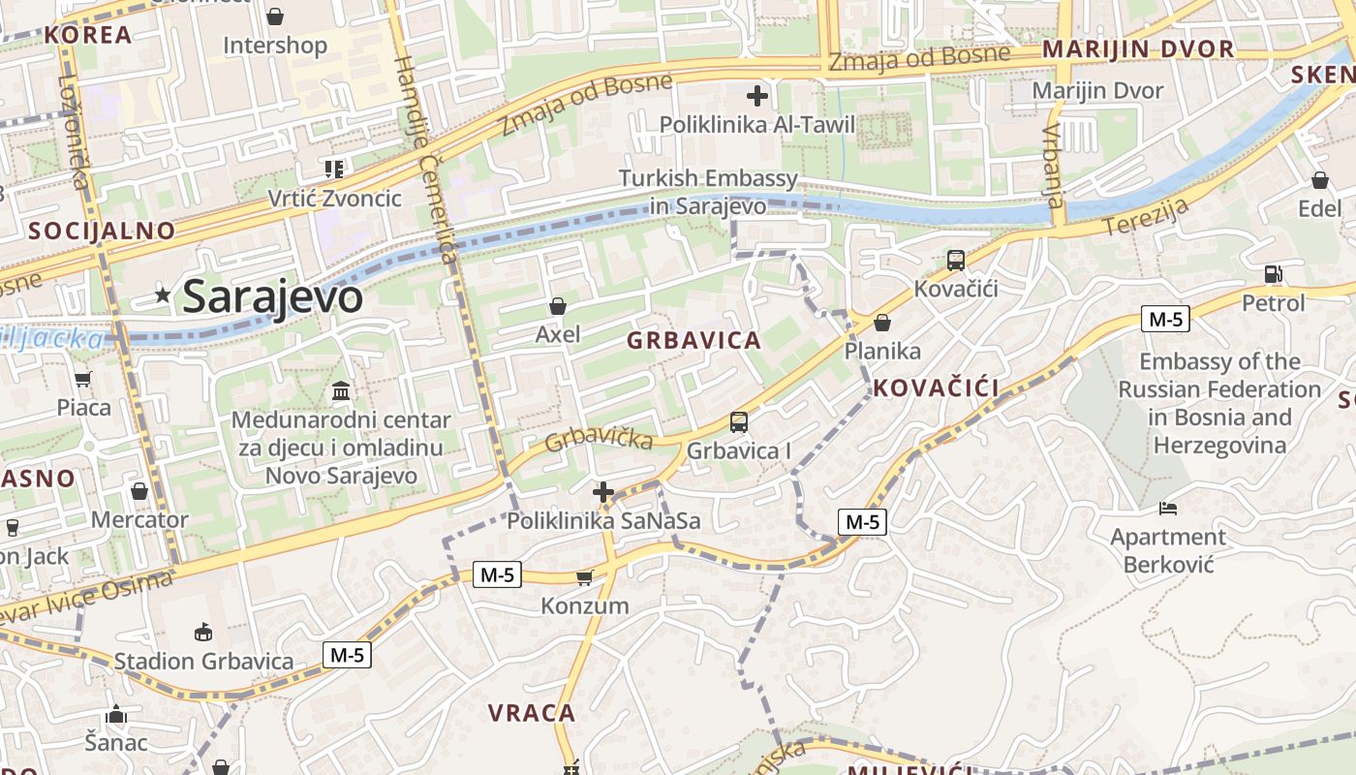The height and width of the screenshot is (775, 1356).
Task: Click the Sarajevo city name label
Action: pyautogui.click(x=272, y=296)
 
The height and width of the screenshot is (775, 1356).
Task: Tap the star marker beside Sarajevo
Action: pyautogui.click(x=163, y=295)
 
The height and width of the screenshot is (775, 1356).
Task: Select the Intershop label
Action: pyautogui.click(x=275, y=46)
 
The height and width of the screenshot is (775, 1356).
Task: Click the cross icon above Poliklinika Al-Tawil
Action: pyautogui.click(x=757, y=95)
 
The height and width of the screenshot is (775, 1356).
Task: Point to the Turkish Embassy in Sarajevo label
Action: pyautogui.click(x=708, y=192)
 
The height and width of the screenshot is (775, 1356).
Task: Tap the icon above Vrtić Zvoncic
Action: pyautogui.click(x=334, y=170)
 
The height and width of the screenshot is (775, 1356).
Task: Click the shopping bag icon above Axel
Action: pyautogui.click(x=558, y=306)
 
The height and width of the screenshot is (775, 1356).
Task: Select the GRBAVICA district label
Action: pyautogui.click(x=693, y=341)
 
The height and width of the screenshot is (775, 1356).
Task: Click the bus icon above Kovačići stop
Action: pyautogui.click(x=956, y=260)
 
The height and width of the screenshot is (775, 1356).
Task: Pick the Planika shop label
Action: pyautogui.click(x=882, y=351)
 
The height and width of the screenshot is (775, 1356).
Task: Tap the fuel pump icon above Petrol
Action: pyautogui.click(x=1274, y=274)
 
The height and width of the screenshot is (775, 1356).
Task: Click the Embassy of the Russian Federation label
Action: pyautogui.click(x=1219, y=403)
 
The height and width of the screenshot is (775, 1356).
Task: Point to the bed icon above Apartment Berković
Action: pyautogui.click(x=1168, y=508)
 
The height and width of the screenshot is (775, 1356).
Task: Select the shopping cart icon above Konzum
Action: pyautogui.click(x=584, y=578)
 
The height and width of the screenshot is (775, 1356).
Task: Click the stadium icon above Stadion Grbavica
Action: pyautogui.click(x=203, y=633)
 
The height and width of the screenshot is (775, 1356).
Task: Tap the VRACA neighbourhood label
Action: pyautogui.click(x=532, y=713)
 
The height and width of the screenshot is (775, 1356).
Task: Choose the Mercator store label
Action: pyautogui.click(x=139, y=519)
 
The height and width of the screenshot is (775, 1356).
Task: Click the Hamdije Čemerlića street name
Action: pyautogui.click(x=426, y=160)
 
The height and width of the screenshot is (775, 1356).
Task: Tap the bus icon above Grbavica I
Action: pyautogui.click(x=739, y=421)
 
